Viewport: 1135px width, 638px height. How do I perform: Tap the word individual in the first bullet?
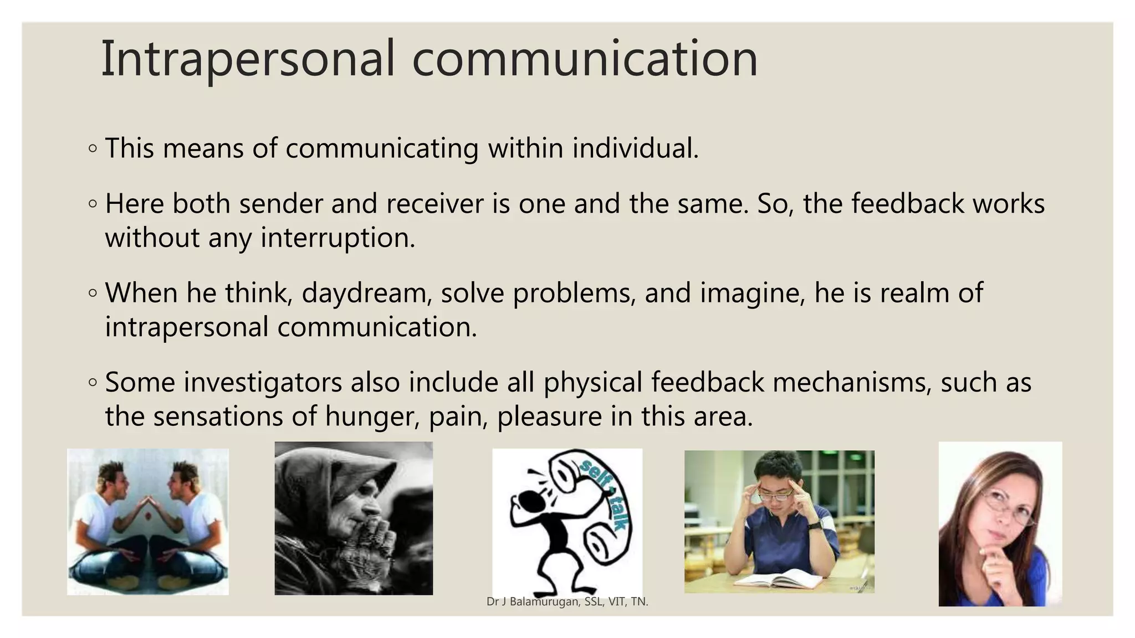point(635,148)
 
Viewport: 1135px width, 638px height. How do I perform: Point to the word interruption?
point(338,238)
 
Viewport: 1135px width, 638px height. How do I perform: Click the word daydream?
point(366,293)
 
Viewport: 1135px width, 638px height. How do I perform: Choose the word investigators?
point(263,383)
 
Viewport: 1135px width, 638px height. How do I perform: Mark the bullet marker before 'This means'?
point(93,148)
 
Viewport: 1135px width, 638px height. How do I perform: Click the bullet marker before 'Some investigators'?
point(93,382)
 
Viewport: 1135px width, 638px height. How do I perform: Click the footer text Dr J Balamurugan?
point(532,601)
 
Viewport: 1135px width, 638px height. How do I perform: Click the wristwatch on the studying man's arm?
point(814,524)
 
